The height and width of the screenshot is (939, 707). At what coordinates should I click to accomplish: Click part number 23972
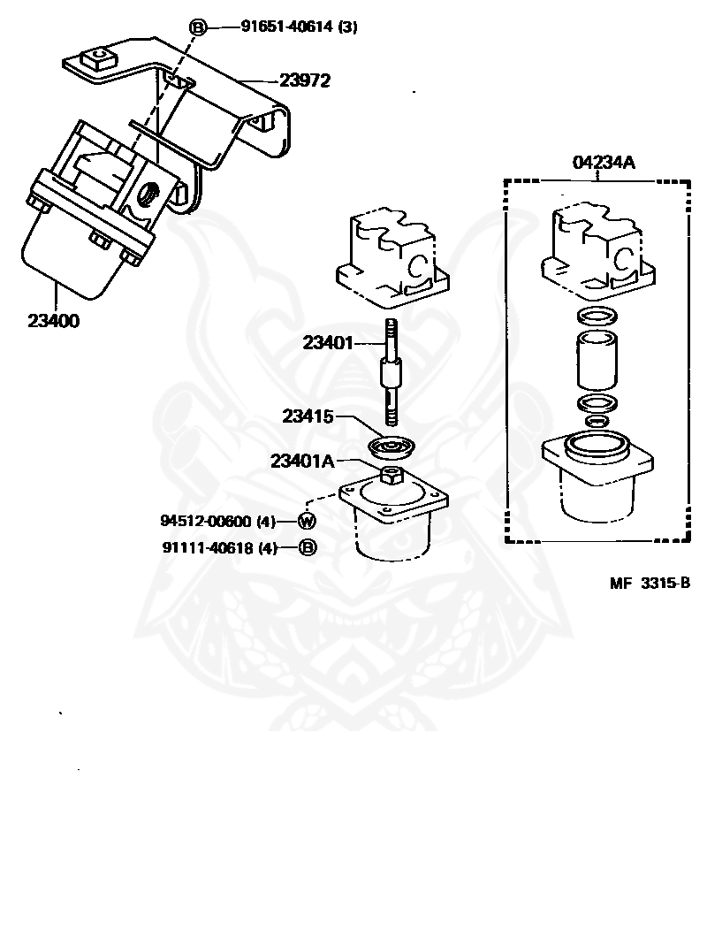coord(305,81)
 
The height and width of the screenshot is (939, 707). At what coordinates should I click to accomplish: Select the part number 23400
coord(53,321)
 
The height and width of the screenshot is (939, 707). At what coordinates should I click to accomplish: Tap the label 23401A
coord(304,461)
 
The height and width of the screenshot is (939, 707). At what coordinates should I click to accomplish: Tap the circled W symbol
coord(308,521)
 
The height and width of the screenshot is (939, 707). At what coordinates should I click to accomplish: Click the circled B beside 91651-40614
coord(198,27)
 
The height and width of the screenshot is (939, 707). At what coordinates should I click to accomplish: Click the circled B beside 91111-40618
coord(308,548)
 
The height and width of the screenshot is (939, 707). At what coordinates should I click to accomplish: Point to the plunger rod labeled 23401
coord(391,371)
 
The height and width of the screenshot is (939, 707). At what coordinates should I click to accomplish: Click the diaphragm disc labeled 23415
coord(389,446)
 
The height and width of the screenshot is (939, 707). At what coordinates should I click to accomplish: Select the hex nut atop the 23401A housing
coord(390,475)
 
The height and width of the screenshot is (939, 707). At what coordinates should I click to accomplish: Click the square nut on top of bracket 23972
coord(97,60)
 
